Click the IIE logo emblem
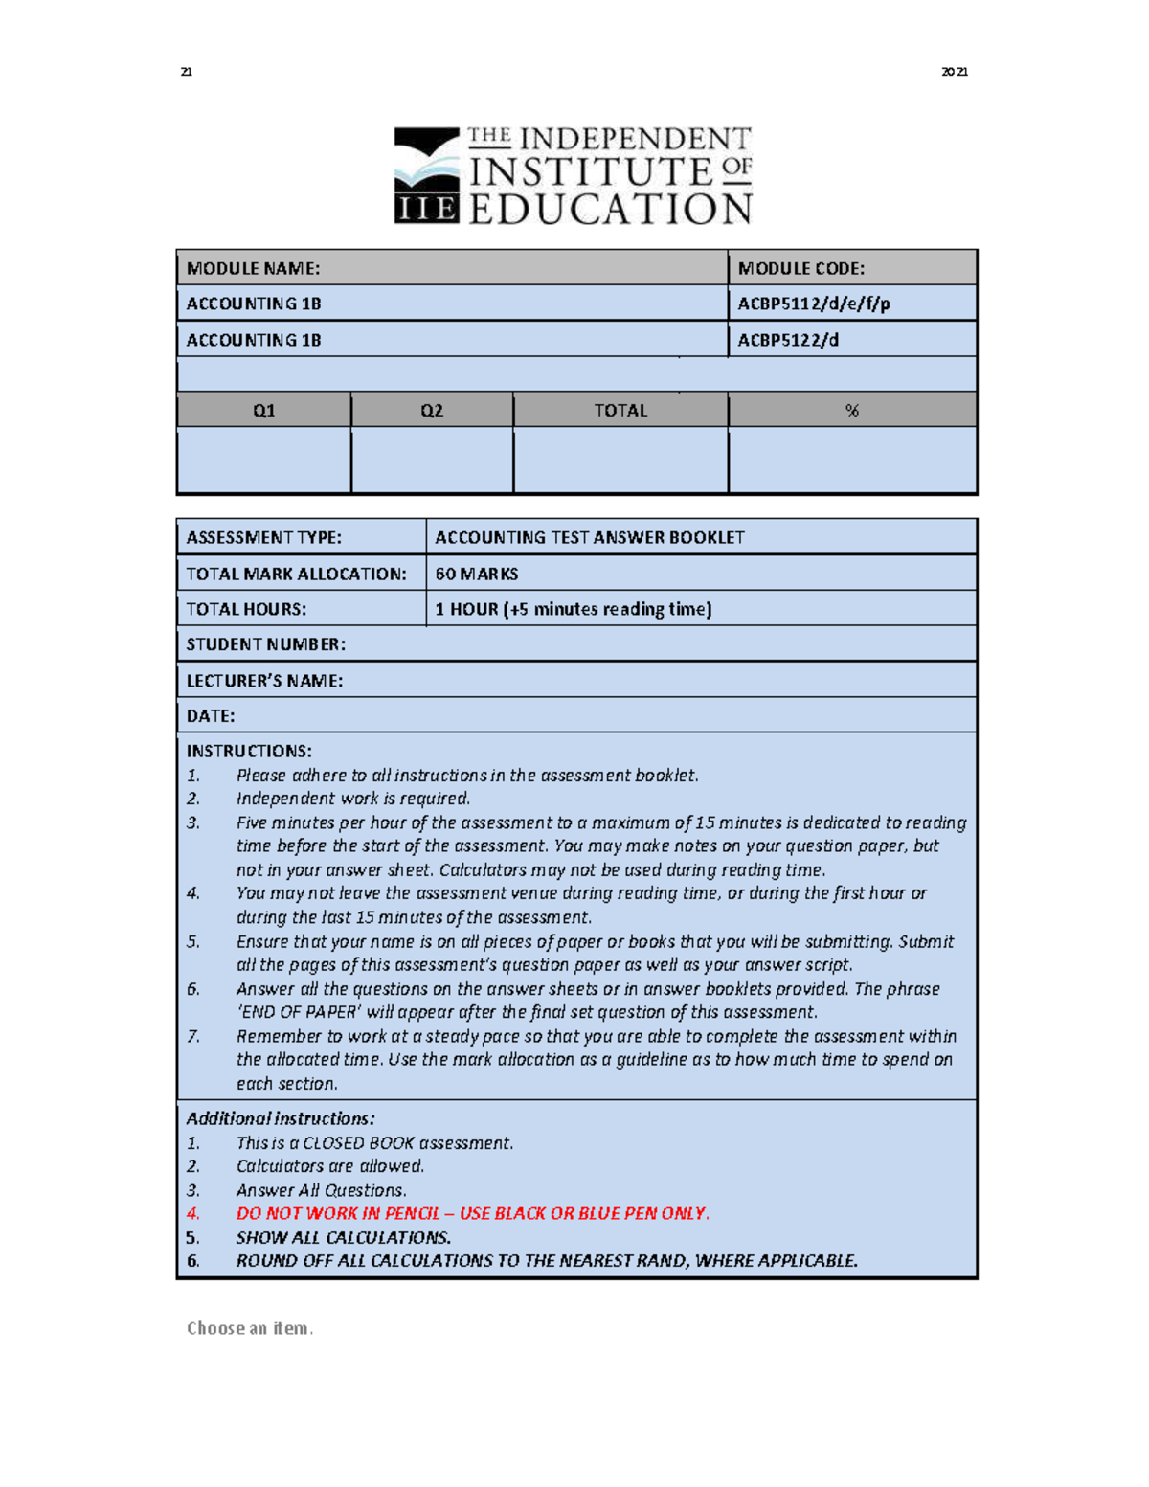coord(426,175)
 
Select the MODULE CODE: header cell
coord(800,268)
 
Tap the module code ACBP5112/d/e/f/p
coord(813,304)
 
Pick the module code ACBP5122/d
coord(787,340)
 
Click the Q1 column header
coord(263,411)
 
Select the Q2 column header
coord(432,411)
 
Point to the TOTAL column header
coord(620,411)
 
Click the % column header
coord(851,411)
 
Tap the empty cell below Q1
coord(263,461)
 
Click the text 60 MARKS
coord(476,574)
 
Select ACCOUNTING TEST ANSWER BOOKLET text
coord(589,537)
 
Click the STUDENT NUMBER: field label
coord(265,644)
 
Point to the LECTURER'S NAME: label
coord(263,681)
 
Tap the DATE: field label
coord(210,716)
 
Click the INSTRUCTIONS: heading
coord(248,751)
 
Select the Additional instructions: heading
coord(280,1118)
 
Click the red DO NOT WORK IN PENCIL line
coord(472,1213)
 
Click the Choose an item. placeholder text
coord(249,1328)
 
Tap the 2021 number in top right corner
coord(954,72)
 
